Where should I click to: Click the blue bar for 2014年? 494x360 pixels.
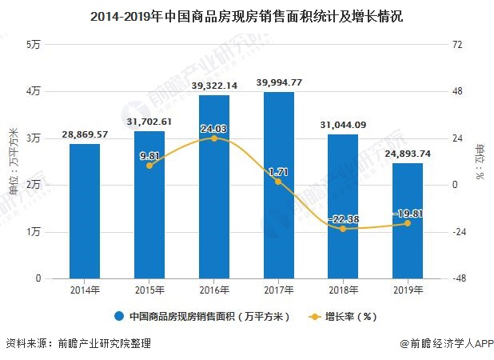(85, 211)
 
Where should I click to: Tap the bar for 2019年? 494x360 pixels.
(408, 221)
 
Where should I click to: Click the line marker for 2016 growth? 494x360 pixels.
(214, 138)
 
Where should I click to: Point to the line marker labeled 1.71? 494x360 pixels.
(278, 182)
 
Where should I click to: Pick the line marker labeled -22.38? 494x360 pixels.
(343, 229)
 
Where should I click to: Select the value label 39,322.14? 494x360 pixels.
(214, 86)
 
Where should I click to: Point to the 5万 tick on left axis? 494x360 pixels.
(34, 45)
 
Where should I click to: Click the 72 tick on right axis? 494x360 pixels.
(458, 45)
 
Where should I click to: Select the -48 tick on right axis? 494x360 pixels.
(458, 278)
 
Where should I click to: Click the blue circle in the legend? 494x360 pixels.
(119, 315)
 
